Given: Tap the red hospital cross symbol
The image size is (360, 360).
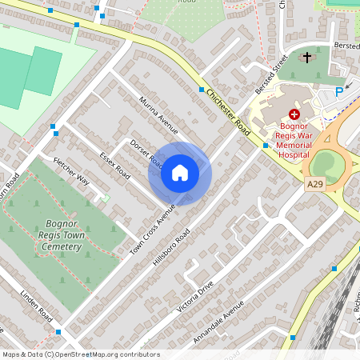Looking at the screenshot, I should (x=294, y=114).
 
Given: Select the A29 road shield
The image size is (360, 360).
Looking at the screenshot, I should (x=315, y=185).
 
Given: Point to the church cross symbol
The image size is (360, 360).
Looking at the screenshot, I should (x=307, y=58).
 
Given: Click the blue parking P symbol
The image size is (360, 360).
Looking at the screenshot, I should (x=338, y=92).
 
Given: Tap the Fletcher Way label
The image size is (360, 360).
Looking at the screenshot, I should (x=71, y=170).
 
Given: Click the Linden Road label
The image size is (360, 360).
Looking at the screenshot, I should (x=37, y=302).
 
